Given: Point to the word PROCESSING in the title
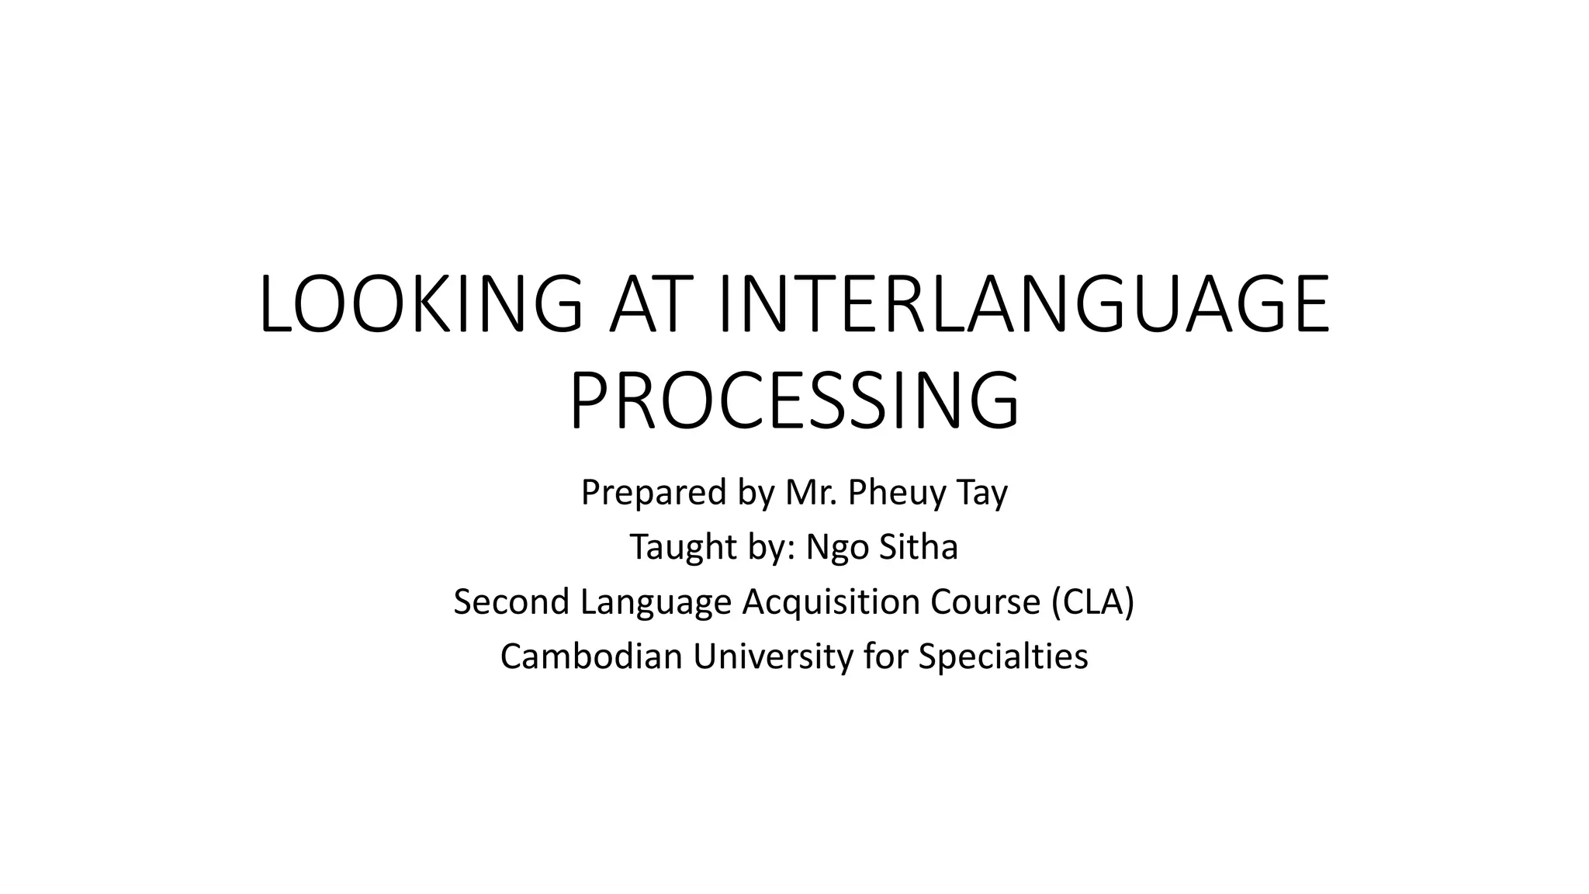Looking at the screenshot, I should pos(794,401).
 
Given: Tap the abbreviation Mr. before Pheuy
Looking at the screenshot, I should pos(812,492).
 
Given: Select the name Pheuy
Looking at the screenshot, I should pos(897,494).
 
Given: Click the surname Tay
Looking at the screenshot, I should pos(983,494).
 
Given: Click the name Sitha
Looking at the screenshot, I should pos(919,547).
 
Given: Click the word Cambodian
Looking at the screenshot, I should pos(591,657).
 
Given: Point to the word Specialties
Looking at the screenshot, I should pos(1003,657).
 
